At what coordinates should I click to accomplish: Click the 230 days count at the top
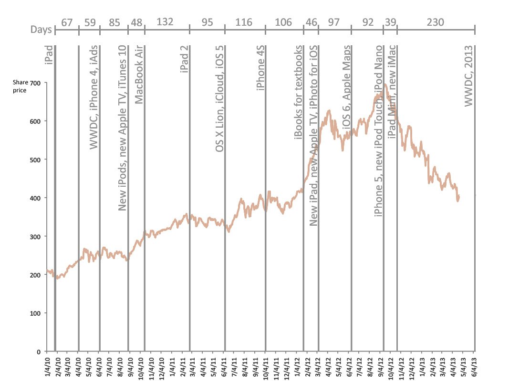(435, 22)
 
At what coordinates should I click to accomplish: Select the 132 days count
(165, 22)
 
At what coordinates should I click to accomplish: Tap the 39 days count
(390, 22)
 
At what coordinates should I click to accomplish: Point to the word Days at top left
(42, 30)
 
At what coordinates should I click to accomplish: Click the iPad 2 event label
(184, 60)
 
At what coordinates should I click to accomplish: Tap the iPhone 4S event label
(260, 68)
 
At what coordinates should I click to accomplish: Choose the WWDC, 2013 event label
(468, 76)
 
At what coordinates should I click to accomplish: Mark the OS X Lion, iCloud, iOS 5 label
(219, 99)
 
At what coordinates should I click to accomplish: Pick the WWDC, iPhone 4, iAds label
(93, 97)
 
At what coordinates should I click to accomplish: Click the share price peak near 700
(385, 85)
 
